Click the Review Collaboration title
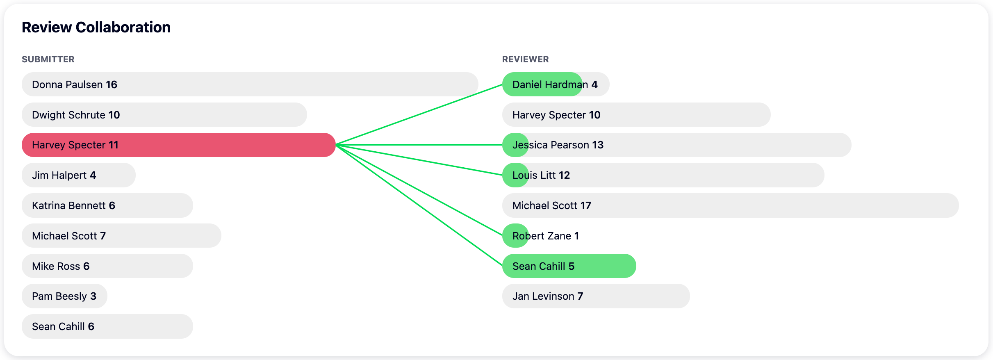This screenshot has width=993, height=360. point(96,27)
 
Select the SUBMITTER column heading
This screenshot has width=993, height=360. point(48,59)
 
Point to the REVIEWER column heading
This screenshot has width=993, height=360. point(525,59)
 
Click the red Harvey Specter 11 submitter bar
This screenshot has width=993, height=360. point(179,145)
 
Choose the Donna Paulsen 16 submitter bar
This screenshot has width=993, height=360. point(250,84)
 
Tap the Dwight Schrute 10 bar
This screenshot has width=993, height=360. point(164,115)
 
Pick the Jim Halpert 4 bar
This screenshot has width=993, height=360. point(79,175)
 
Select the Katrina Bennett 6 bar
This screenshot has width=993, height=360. point(107,205)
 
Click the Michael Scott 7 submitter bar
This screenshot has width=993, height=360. point(121,236)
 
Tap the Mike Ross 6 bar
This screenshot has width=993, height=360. point(107,266)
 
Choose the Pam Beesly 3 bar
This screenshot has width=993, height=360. point(64,296)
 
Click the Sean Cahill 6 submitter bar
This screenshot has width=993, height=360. point(107,326)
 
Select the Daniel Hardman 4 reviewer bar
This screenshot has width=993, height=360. point(556,84)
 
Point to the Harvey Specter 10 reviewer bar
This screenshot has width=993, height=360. point(636,115)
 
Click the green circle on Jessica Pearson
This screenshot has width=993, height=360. point(515,145)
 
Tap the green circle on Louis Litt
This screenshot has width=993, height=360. point(515,175)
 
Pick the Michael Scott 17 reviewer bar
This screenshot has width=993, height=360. point(731,205)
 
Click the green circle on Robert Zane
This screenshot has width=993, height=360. point(515,236)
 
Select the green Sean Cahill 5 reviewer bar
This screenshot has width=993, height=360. point(569,266)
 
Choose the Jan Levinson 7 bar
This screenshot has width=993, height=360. point(596,296)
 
